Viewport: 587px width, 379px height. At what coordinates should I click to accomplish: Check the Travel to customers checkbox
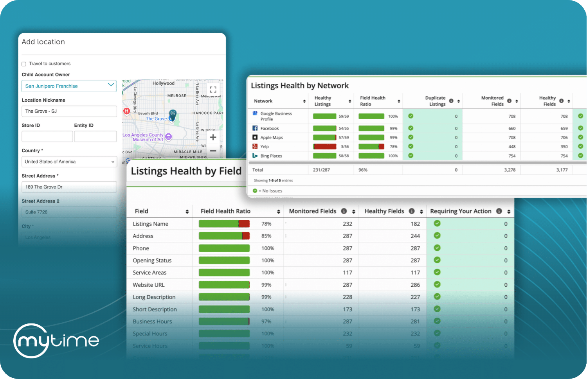(24, 64)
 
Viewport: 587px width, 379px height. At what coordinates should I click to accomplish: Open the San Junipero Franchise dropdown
(69, 86)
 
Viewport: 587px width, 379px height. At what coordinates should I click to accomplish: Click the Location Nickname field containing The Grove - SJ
(69, 111)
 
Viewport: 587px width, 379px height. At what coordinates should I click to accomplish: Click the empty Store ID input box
(47, 137)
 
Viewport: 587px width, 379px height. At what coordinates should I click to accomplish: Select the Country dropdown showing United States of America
(69, 162)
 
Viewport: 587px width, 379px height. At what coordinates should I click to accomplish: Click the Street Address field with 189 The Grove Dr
(69, 187)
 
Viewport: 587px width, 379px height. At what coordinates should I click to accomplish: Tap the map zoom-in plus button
(213, 137)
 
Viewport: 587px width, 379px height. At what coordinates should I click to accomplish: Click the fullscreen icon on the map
(213, 89)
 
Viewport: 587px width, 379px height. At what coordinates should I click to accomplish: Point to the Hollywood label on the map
(164, 83)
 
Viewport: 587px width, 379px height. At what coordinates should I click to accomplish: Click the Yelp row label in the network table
(265, 147)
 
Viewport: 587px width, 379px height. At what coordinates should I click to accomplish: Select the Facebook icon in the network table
(255, 128)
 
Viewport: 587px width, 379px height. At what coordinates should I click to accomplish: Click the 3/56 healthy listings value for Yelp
(344, 147)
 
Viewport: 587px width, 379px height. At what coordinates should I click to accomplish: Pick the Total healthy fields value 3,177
(562, 170)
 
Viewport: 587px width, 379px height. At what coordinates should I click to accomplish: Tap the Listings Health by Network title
(299, 86)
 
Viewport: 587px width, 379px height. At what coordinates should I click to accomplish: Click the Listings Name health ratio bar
(224, 224)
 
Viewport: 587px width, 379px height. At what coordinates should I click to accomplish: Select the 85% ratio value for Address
(266, 236)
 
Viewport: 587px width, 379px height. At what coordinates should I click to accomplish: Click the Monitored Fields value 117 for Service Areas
(347, 273)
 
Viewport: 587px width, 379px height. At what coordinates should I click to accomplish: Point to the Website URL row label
(148, 285)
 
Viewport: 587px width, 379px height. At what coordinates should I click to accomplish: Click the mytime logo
(56, 341)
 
